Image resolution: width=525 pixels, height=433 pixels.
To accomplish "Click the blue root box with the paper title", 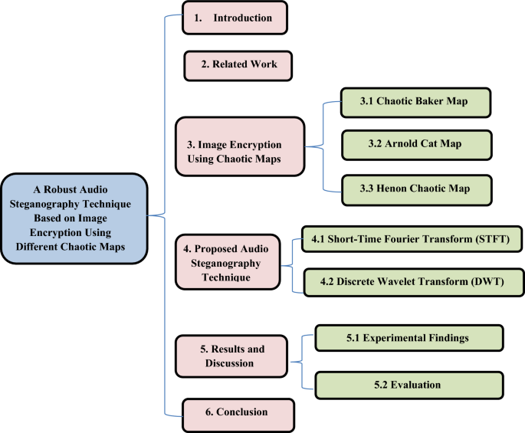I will point(74,218).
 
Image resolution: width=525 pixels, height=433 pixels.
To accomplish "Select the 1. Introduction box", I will point(235,18).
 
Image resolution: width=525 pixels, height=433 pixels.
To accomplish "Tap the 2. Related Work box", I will point(239,64).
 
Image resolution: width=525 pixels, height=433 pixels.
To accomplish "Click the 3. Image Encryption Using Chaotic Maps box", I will point(240,152).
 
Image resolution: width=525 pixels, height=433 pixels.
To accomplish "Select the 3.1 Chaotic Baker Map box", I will point(415,102).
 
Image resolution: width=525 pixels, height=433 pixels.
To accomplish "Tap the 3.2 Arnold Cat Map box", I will point(415,143).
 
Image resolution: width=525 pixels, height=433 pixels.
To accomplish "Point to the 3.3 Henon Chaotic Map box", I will point(415,187).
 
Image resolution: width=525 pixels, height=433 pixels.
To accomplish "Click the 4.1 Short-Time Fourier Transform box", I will point(412,240).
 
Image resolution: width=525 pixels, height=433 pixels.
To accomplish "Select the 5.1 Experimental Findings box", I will point(409,337).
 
